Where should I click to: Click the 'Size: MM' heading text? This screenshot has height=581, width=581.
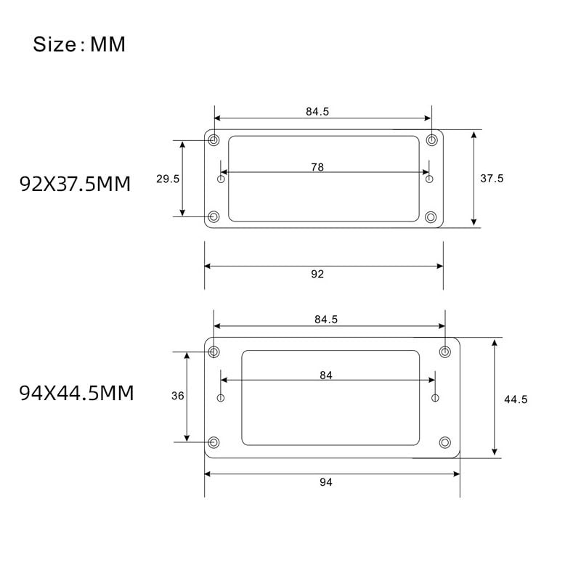79,44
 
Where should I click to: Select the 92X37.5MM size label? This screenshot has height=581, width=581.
76,184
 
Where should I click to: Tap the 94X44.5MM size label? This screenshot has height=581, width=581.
76,393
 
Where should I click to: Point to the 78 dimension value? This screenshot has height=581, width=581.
317,167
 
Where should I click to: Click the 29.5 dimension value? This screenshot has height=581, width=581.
168,179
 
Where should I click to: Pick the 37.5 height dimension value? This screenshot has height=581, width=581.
492,179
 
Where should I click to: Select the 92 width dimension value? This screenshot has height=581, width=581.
317,275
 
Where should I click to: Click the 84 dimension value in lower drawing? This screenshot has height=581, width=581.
325,375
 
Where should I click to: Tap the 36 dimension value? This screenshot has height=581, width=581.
177,396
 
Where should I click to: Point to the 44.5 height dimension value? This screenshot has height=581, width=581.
516,399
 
